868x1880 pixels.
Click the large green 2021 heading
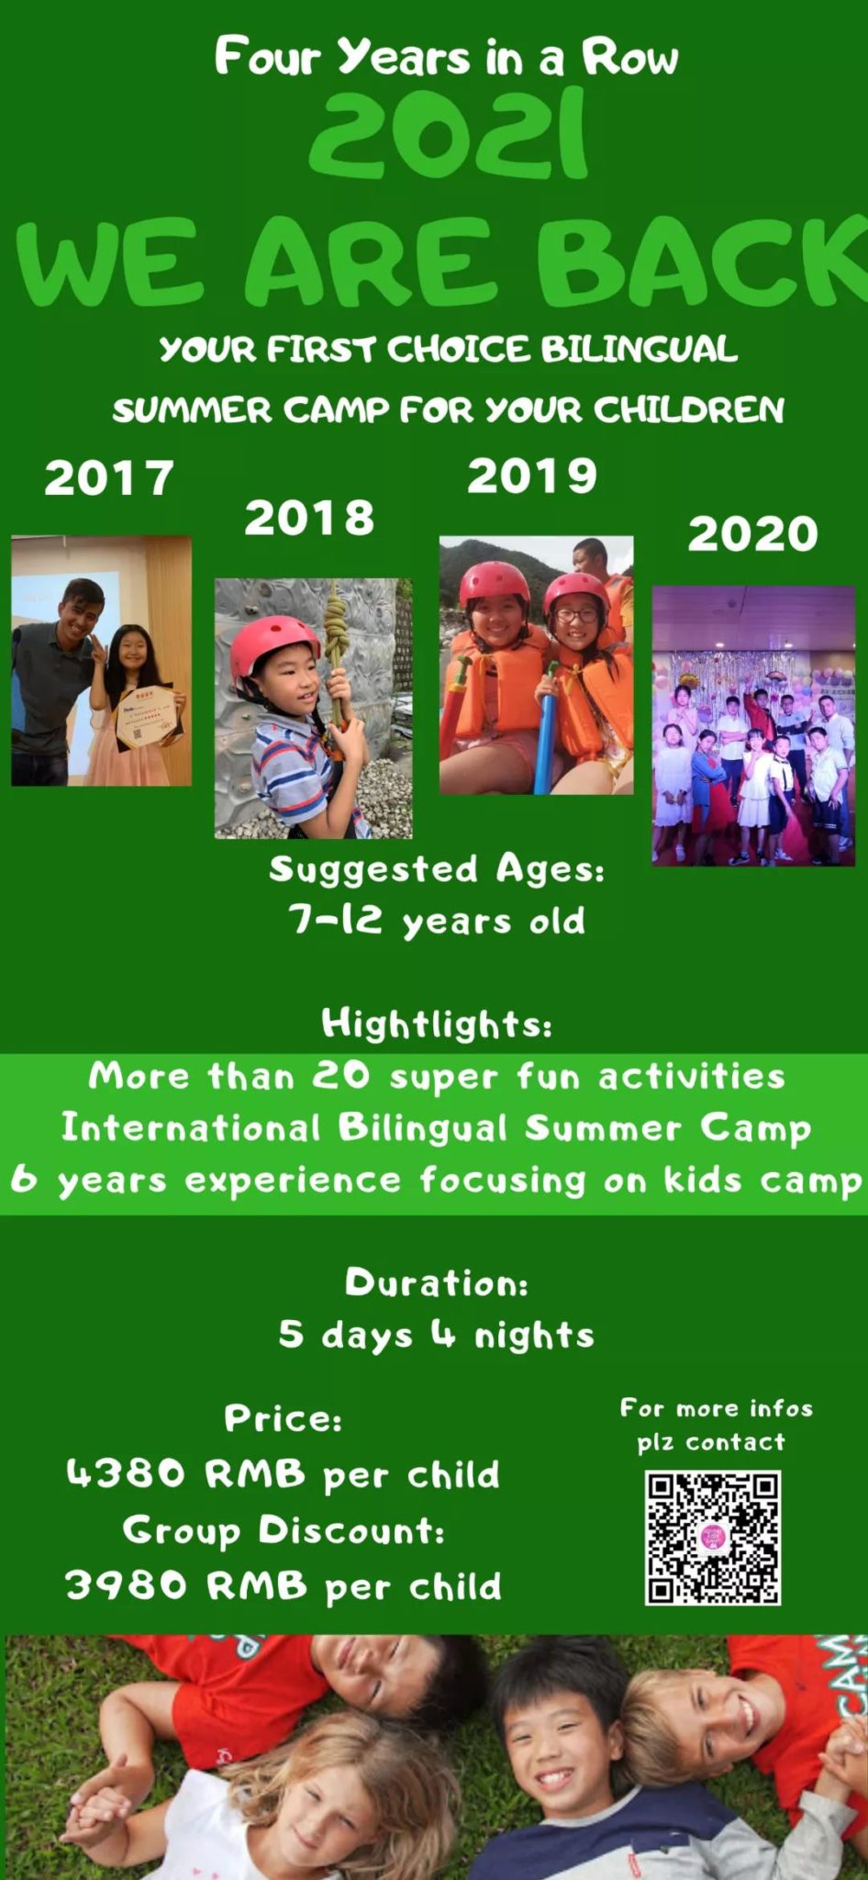[448, 134]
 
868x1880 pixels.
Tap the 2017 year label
[109, 478]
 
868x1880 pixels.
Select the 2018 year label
[309, 518]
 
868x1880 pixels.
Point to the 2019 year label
[532, 476]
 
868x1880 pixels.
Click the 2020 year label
[752, 534]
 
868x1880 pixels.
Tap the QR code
[713, 1538]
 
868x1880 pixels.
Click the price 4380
[126, 1473]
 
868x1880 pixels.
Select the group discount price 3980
[126, 1585]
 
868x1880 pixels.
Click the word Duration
[436, 1282]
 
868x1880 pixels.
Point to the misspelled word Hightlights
[437, 1023]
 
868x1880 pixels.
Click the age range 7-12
[335, 918]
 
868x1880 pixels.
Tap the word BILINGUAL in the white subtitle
[639, 349]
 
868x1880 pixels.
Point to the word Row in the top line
[630, 57]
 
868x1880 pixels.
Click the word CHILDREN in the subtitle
[689, 409]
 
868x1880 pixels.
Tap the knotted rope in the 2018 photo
[338, 633]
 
